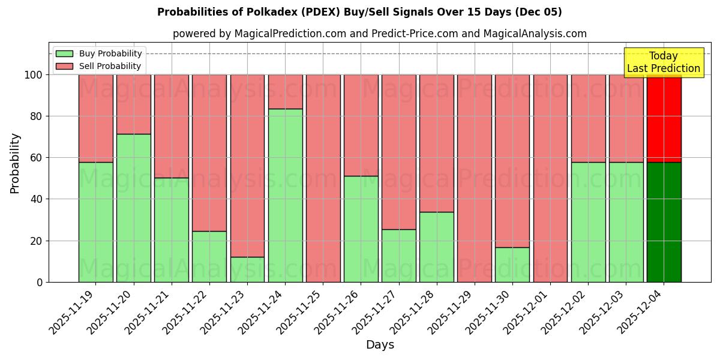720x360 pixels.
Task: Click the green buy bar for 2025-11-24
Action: pyautogui.click(x=285, y=195)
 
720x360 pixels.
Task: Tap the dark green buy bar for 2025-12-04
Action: pyautogui.click(x=664, y=222)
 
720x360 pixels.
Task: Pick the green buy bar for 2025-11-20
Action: pyautogui.click(x=133, y=208)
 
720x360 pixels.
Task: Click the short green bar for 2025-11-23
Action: pyautogui.click(x=247, y=269)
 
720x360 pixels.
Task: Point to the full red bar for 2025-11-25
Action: pyautogui.click(x=323, y=178)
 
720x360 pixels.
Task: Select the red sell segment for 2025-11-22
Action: pyautogui.click(x=209, y=152)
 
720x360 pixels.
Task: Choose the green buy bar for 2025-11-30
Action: pyautogui.click(x=512, y=265)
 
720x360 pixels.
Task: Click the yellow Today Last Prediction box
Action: pyautogui.click(x=663, y=62)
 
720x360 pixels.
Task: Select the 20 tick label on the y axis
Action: pyautogui.click(x=37, y=241)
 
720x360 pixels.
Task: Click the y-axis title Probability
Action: pyautogui.click(x=15, y=163)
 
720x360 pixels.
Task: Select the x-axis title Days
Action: pyautogui.click(x=380, y=345)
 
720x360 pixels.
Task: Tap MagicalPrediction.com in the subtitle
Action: pyautogui.click(x=290, y=34)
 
